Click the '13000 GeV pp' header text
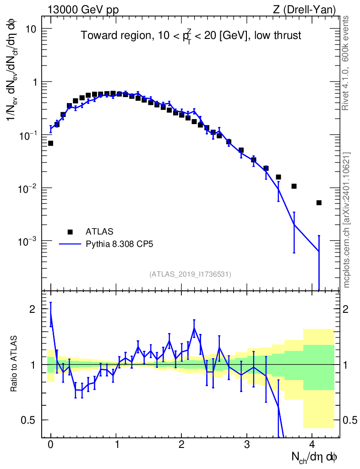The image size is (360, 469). click(x=83, y=10)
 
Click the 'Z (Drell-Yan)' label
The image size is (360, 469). click(x=304, y=10)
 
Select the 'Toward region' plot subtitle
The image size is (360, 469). click(x=191, y=36)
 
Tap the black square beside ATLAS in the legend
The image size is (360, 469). click(x=70, y=231)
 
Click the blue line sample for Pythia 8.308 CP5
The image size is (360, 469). click(x=70, y=244)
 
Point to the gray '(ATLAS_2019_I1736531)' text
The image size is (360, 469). click(x=190, y=274)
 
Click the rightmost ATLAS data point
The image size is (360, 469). click(x=319, y=203)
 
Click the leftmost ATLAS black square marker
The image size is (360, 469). click(x=50, y=143)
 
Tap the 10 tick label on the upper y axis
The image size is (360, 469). click(x=30, y=29)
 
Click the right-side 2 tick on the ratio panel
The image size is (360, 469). click(x=346, y=309)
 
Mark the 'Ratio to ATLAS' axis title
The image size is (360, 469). click(x=13, y=363)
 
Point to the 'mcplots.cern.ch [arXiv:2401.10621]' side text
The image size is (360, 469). click(x=347, y=220)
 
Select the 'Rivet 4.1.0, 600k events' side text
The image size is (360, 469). click(x=345, y=63)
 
